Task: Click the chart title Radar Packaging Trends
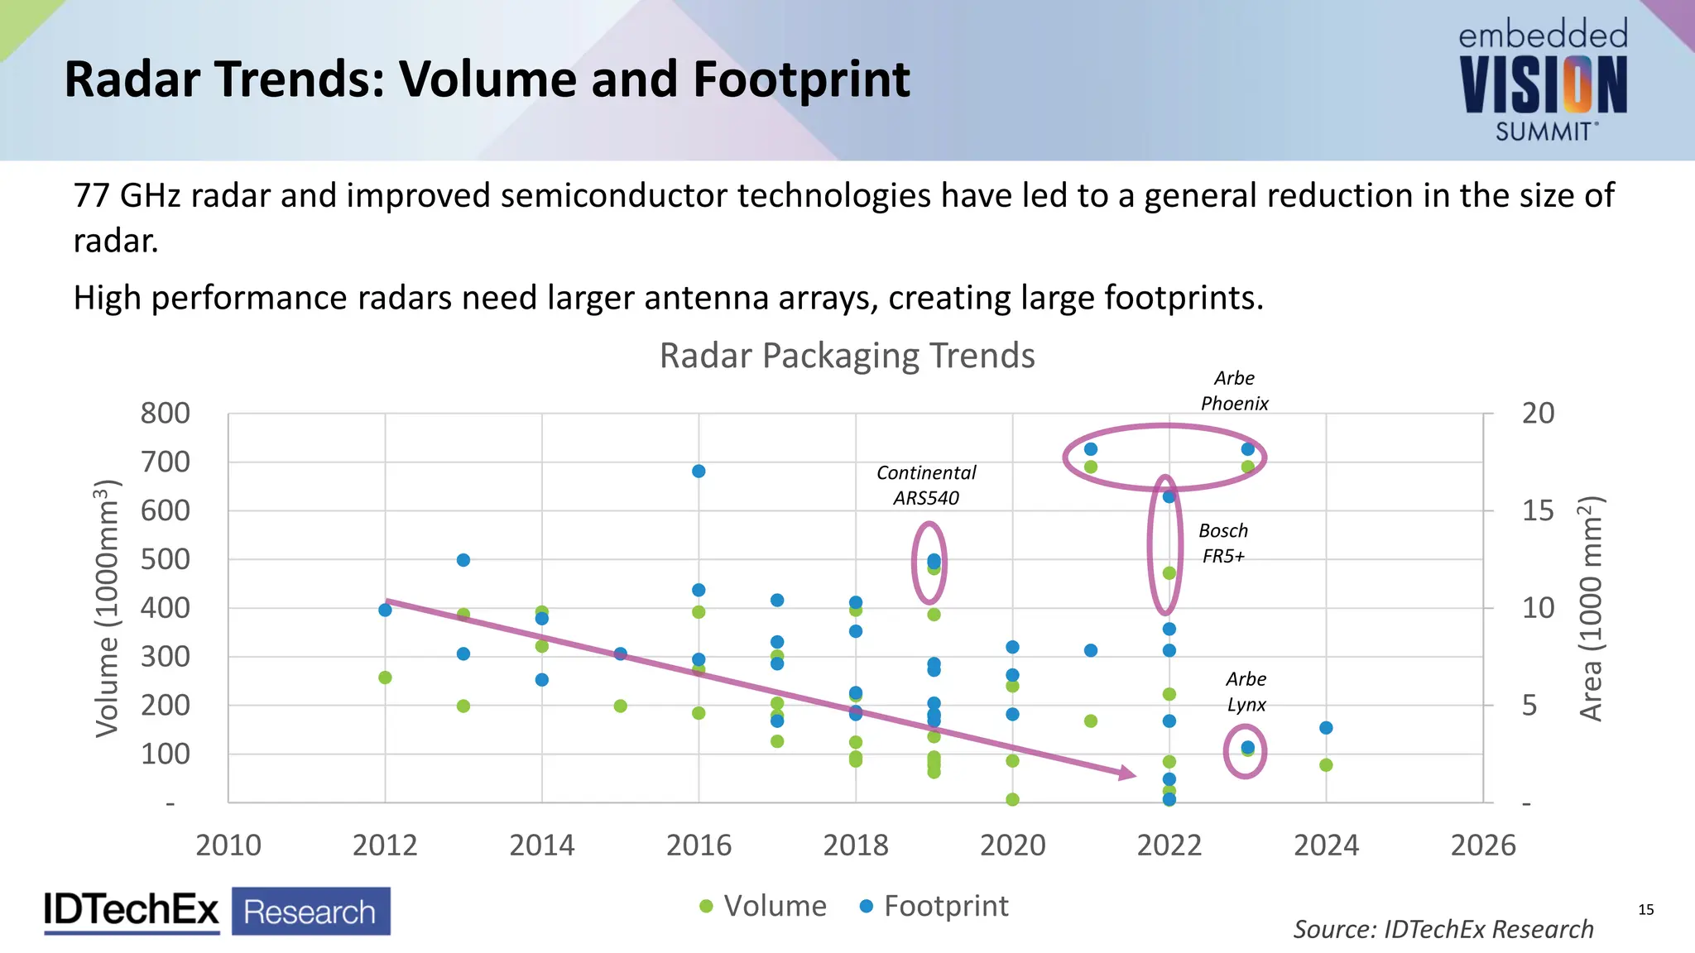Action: (x=847, y=356)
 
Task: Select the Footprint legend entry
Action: (x=934, y=906)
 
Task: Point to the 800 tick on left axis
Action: (x=165, y=413)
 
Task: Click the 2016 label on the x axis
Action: (x=699, y=845)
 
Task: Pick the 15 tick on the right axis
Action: (x=1538, y=510)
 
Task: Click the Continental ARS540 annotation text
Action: (x=926, y=485)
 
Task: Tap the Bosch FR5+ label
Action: (x=1223, y=543)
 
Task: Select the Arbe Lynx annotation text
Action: (x=1246, y=692)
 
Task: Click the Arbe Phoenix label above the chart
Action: (x=1234, y=390)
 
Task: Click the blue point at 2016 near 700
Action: (x=699, y=471)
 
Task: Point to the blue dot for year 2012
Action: (x=385, y=610)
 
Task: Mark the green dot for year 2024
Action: (x=1326, y=765)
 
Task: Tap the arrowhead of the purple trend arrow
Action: (x=1127, y=773)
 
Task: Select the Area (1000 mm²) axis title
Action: (x=1590, y=608)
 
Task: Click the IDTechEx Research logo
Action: (x=217, y=911)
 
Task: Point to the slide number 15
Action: (x=1645, y=910)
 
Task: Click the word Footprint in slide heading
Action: (x=801, y=79)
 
